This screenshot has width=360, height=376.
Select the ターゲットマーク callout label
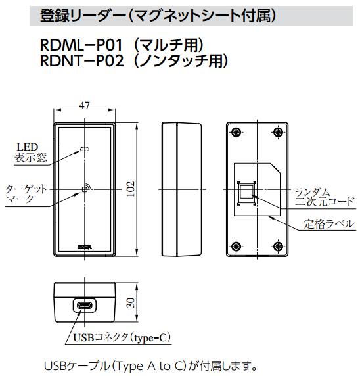pos(26,195)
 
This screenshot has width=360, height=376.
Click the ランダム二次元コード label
pos(324,196)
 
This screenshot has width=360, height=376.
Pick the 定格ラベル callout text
pos(328,224)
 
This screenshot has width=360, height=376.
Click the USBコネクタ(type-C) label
pos(119,338)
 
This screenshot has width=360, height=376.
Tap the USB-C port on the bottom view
pos(85,307)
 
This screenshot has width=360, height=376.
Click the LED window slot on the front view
pos(83,149)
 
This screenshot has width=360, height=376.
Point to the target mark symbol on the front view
pos(84,189)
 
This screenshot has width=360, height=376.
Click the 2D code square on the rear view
pos(246,192)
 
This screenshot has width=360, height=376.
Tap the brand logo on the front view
pos(84,245)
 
